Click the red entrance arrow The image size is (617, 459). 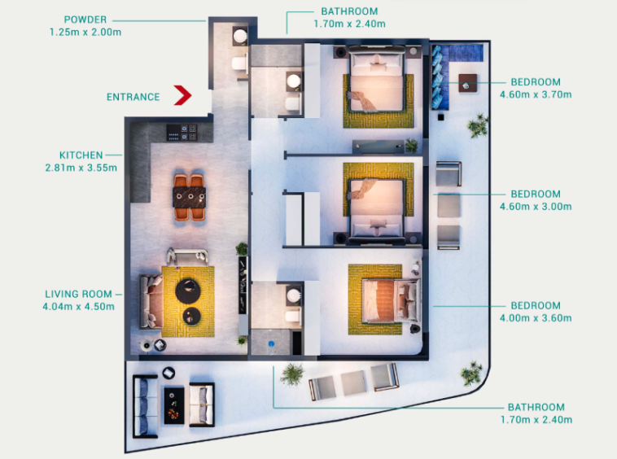[x=184, y=95]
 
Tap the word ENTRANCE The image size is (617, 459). [x=133, y=97]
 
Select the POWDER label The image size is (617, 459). [x=85, y=20]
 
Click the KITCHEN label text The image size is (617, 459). [x=81, y=155]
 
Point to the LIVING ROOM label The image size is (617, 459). [x=78, y=295]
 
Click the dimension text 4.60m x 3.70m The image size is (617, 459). [x=536, y=94]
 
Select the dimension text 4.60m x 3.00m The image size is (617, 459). [x=536, y=207]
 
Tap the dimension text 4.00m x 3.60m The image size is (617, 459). [x=536, y=318]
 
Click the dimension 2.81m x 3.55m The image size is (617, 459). [x=81, y=168]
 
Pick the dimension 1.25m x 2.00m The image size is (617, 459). [x=85, y=33]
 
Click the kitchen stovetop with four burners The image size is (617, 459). [x=182, y=133]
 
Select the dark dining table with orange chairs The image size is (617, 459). [x=190, y=198]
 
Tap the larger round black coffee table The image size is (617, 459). [x=188, y=291]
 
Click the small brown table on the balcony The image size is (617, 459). [x=467, y=83]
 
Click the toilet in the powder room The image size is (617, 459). [x=239, y=63]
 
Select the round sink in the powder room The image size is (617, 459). [x=240, y=36]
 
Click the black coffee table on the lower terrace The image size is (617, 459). [x=174, y=405]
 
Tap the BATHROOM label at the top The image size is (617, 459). [x=349, y=11]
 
